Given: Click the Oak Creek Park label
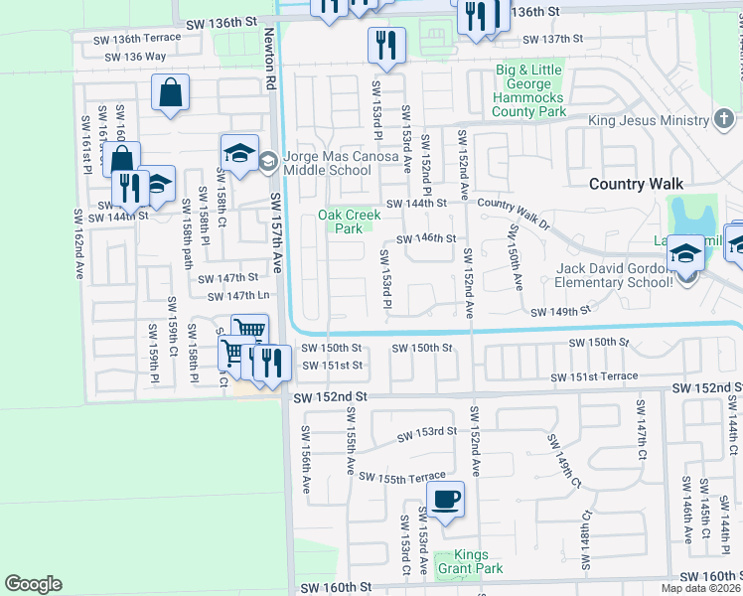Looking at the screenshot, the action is click(x=340, y=222).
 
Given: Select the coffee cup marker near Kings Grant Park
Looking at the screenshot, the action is click(x=445, y=500).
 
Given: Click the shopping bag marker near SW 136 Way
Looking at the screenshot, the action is click(x=171, y=94).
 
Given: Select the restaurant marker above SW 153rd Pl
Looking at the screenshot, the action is click(x=384, y=45).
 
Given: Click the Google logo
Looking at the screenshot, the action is click(x=33, y=583).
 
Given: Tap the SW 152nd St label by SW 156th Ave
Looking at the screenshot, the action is click(x=331, y=396).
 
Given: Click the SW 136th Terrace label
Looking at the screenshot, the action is click(x=137, y=39).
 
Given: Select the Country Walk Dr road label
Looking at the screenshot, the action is click(x=513, y=210).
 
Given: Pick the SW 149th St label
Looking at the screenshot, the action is click(x=560, y=311).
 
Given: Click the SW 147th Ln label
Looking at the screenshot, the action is click(x=238, y=296).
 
